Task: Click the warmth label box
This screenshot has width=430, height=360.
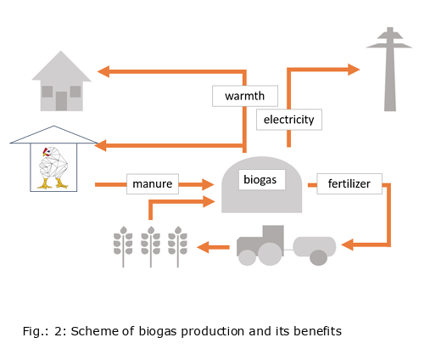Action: [x=245, y=96]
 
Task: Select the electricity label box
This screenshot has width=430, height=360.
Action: [x=289, y=120]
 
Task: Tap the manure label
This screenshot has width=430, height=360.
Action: [x=153, y=184]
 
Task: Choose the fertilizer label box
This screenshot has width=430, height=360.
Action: [x=349, y=183]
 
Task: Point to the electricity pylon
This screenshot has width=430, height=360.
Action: [x=390, y=70]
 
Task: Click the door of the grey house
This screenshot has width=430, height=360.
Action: [x=61, y=101]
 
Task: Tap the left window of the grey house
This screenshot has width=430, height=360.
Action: [x=47, y=92]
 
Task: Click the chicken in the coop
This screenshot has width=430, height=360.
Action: [x=53, y=167]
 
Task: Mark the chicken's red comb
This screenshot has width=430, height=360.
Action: [x=45, y=151]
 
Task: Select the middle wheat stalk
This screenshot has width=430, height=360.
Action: [x=151, y=246]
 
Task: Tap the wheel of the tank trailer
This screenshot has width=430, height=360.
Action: [x=319, y=257]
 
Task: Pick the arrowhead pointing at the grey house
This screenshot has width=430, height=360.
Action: [x=103, y=71]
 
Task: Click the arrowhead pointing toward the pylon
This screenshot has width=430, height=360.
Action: [x=354, y=70]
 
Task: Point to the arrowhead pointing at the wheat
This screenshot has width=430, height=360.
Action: [x=203, y=247]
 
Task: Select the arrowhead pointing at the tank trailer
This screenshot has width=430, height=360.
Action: [x=348, y=245]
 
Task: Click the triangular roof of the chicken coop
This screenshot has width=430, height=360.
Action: [x=54, y=135]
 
